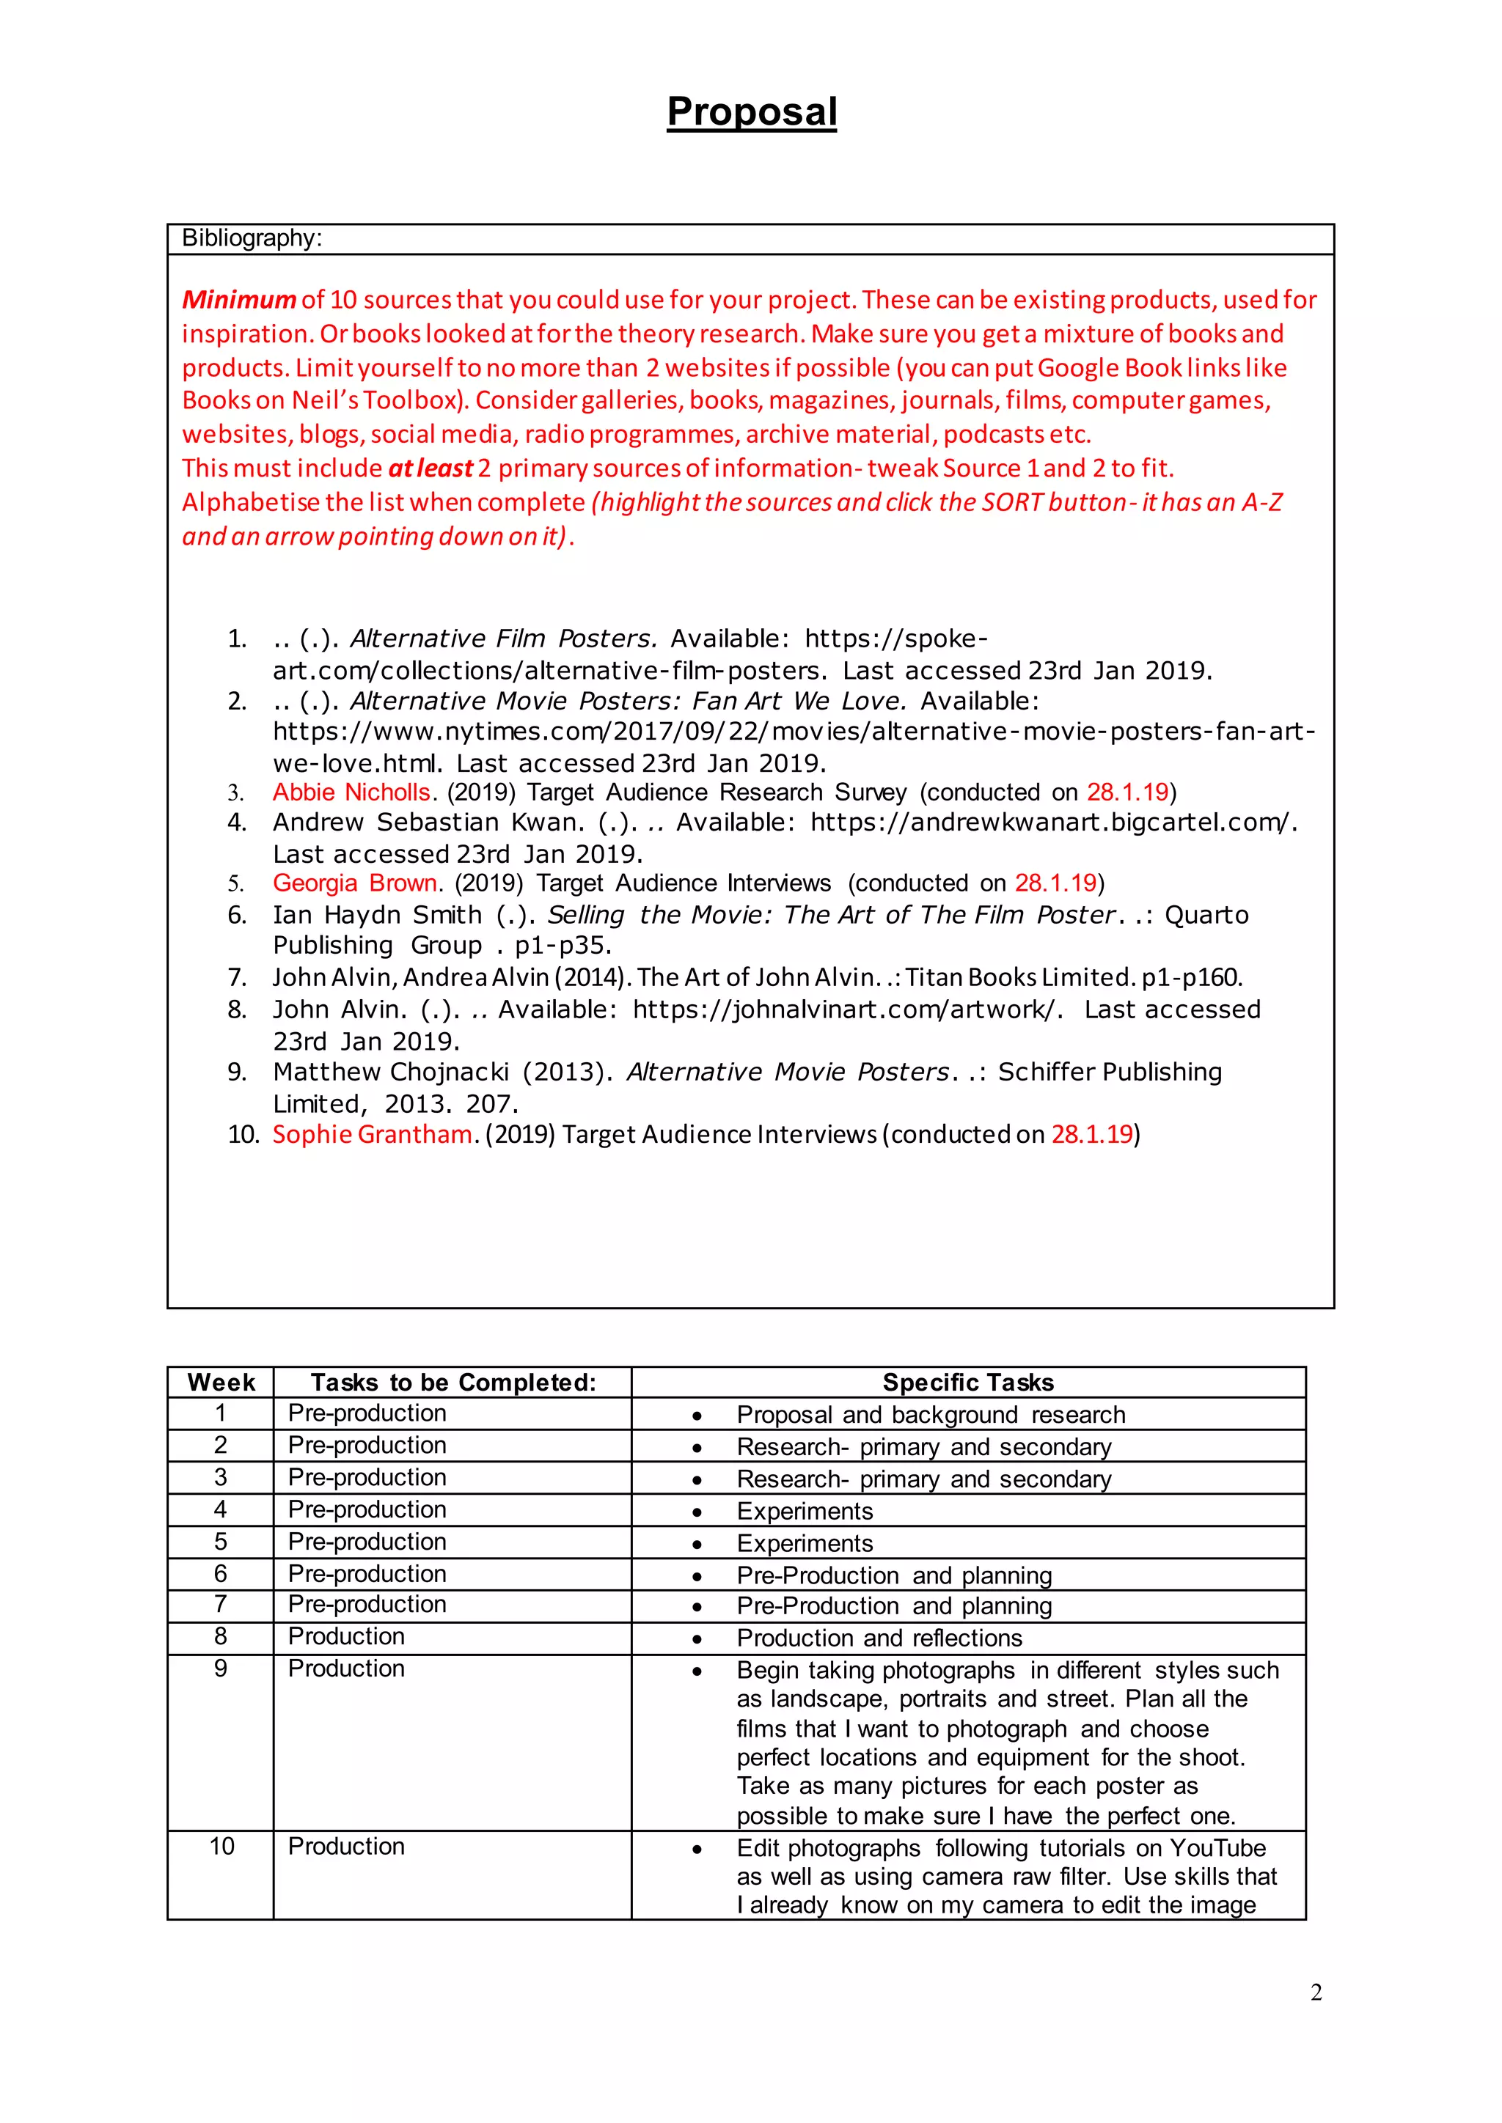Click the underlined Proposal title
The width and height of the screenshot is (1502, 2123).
coord(751,112)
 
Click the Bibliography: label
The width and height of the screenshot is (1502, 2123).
coord(252,238)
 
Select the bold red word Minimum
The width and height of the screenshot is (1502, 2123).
coord(238,300)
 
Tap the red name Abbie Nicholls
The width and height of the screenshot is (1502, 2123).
coord(351,792)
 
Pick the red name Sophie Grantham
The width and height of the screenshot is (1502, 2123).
coord(372,1135)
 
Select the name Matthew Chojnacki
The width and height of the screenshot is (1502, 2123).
coord(390,1072)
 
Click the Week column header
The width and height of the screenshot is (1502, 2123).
coord(221,1383)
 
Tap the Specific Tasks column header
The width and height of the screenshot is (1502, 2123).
coord(967,1383)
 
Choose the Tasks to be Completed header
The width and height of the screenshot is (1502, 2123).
coord(453,1383)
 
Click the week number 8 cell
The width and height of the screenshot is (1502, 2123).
coord(221,1637)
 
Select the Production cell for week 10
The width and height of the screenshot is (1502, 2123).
coord(346,1847)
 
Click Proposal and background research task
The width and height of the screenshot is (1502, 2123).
coord(931,1416)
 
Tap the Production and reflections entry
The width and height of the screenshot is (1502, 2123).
coord(879,1638)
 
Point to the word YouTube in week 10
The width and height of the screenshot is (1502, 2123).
coord(1217,1848)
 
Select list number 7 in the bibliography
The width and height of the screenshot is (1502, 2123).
coord(237,978)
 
